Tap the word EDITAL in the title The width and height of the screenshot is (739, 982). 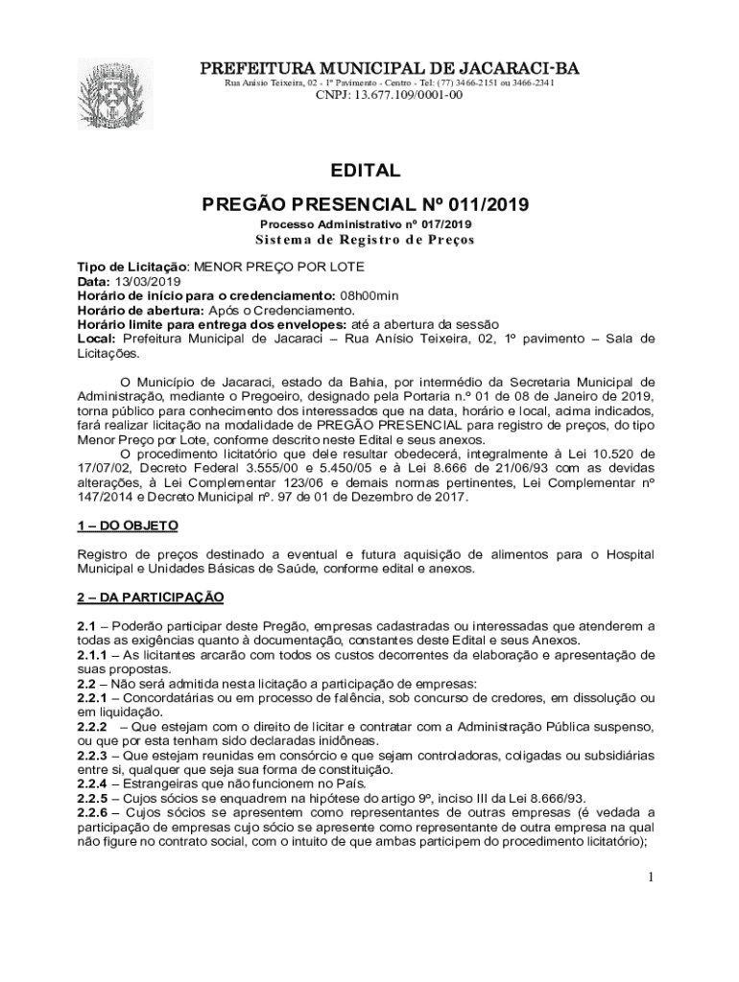[365, 172]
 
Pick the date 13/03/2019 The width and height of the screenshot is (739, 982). [148, 282]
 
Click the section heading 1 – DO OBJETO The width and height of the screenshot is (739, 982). [128, 526]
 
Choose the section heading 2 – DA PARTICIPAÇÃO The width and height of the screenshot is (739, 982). [151, 597]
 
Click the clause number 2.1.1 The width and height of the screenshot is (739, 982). [93, 655]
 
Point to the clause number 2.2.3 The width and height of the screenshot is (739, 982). [93, 757]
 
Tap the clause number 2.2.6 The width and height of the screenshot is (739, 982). [93, 813]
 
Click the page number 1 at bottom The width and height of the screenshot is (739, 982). [651, 878]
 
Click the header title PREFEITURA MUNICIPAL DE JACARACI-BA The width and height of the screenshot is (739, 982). [389, 69]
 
